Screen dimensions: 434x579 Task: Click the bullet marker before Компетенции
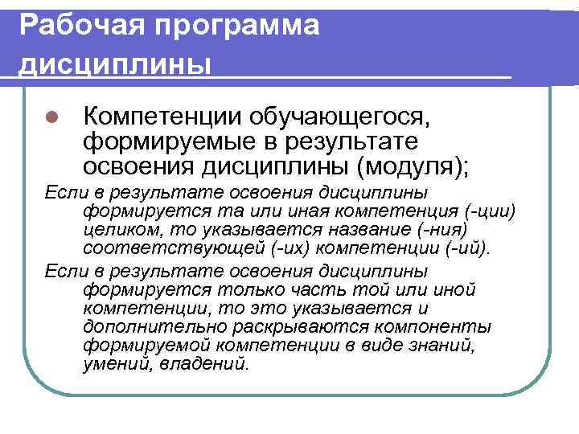(x=49, y=117)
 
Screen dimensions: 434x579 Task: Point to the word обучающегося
(x=343, y=117)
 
